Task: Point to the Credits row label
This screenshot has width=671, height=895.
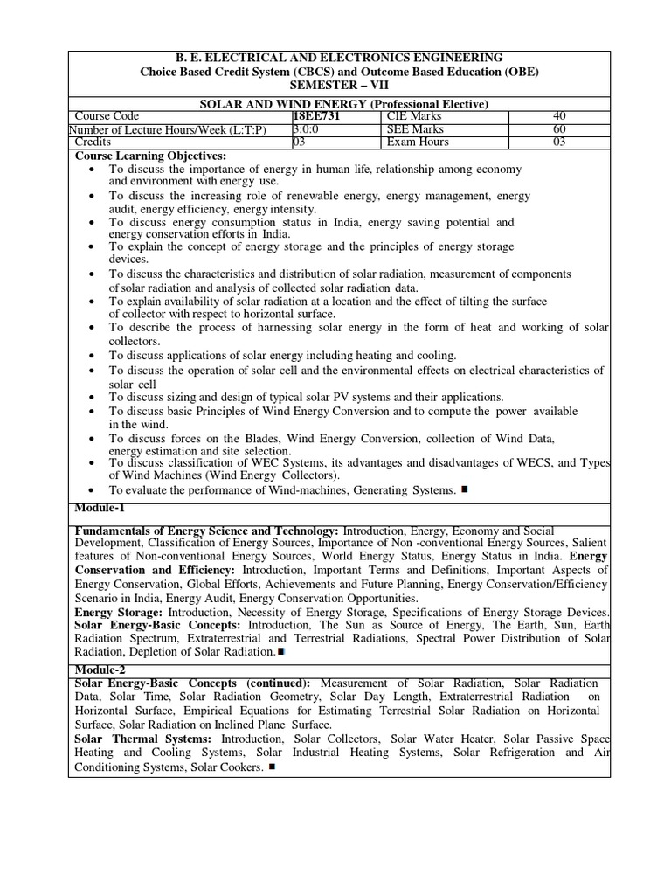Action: (92, 142)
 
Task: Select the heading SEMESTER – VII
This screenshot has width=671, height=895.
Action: (339, 84)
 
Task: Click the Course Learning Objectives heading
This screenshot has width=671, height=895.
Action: (151, 156)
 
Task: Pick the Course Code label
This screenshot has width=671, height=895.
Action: (107, 116)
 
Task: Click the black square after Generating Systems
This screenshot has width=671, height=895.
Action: (465, 489)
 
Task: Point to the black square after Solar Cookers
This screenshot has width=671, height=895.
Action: (272, 767)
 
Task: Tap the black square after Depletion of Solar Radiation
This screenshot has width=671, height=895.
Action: (280, 651)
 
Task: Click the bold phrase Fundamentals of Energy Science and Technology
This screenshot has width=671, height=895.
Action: (207, 531)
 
